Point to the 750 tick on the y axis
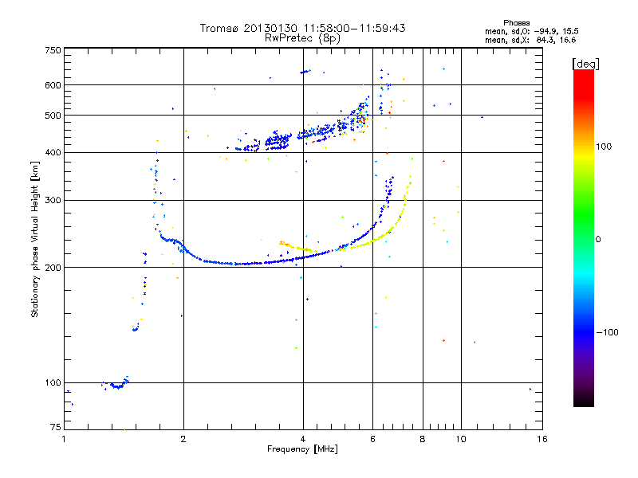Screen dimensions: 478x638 click(x=53, y=50)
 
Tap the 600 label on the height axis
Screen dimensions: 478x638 click(x=53, y=85)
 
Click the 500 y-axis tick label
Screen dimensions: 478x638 click(x=53, y=116)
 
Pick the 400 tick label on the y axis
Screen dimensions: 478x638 click(x=53, y=153)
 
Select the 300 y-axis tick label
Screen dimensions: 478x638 click(x=53, y=201)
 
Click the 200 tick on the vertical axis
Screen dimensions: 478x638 click(x=53, y=268)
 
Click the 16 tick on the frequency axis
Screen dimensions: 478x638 click(x=542, y=439)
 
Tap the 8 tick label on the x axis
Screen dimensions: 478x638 click(x=423, y=439)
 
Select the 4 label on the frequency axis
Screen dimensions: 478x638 click(x=303, y=439)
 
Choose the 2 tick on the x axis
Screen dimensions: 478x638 click(x=183, y=439)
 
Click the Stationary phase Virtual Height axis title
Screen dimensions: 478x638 click(x=35, y=239)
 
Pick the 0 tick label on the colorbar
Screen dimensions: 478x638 click(x=598, y=239)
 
